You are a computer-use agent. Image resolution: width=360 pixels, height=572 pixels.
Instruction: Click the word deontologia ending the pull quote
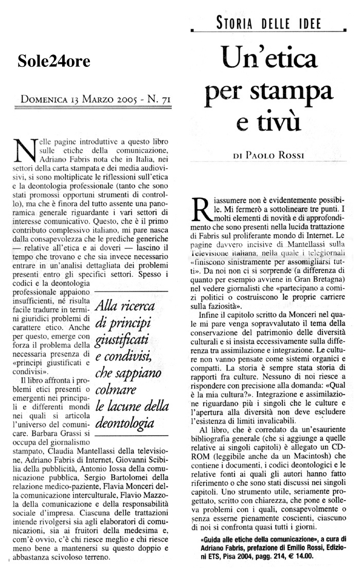(125, 424)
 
